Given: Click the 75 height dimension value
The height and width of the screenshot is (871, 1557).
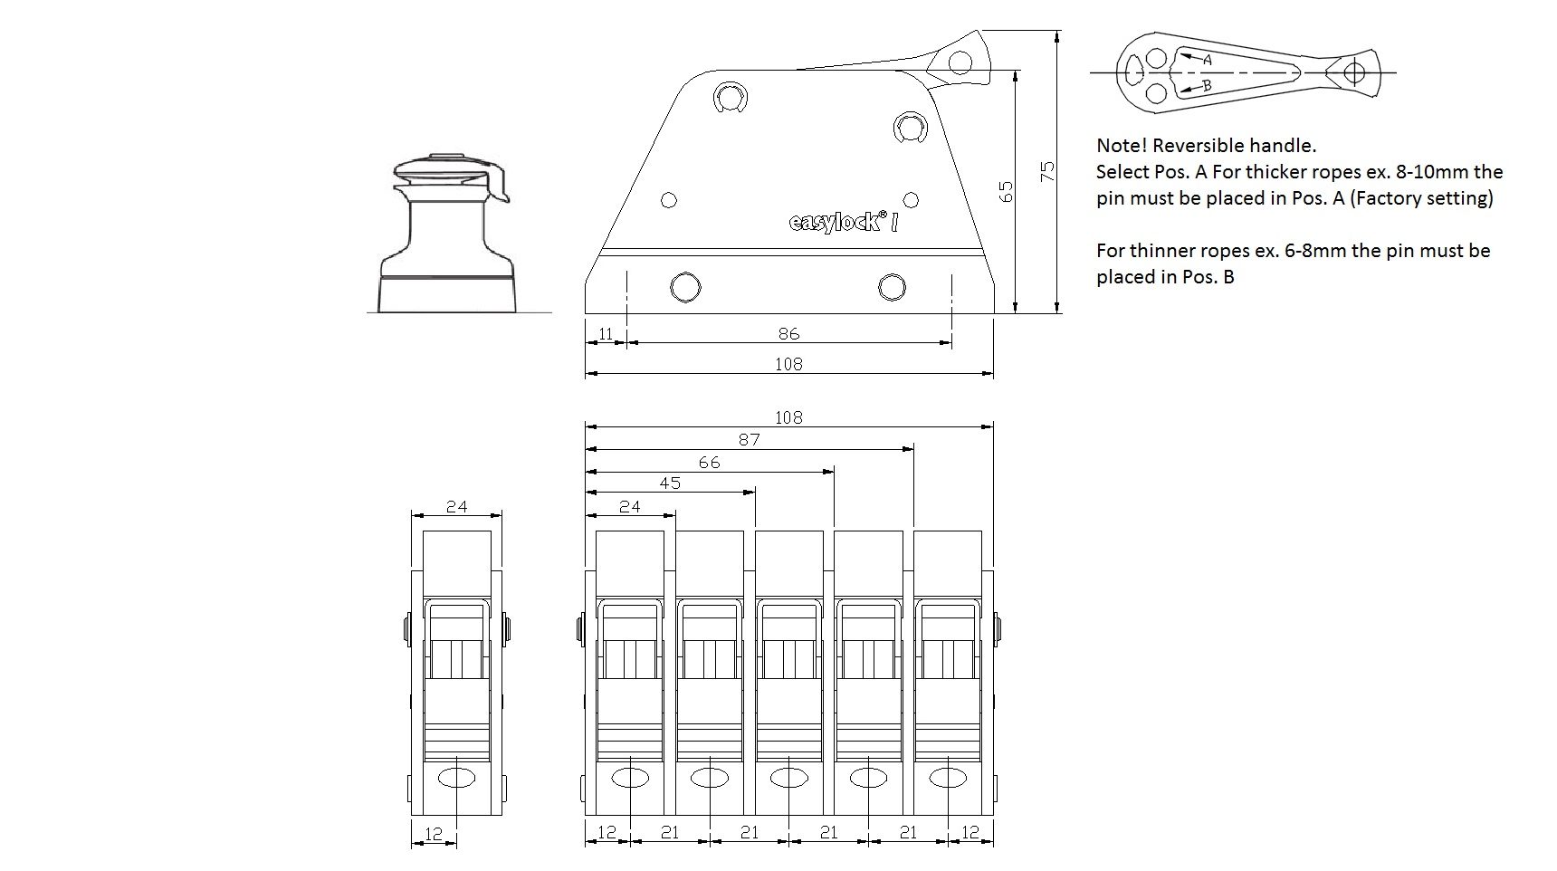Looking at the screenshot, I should (1047, 171).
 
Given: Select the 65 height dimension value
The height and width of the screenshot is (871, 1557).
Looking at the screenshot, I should (1006, 191).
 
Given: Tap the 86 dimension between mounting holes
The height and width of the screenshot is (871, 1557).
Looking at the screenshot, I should (788, 333).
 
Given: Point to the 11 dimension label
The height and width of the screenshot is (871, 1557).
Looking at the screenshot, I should (606, 333).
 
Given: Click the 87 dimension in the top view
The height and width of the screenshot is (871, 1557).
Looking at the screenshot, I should (749, 439).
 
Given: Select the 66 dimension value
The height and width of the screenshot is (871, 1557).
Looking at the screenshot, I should (709, 462).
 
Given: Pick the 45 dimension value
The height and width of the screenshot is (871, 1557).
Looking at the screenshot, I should (669, 483).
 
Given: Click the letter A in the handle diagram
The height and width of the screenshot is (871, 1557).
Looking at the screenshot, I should (1206, 59).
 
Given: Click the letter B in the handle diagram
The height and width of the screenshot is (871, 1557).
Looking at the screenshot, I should (1206, 86).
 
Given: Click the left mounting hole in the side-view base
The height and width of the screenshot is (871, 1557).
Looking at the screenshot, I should (685, 288).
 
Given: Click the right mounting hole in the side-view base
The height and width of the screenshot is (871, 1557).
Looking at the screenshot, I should (892, 288).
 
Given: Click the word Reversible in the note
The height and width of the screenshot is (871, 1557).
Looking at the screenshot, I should (1194, 145).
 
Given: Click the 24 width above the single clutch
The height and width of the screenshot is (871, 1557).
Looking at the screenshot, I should (456, 506).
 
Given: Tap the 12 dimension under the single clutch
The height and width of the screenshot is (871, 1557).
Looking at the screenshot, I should (434, 833).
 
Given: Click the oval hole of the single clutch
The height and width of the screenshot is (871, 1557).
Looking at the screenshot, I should (456, 778).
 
